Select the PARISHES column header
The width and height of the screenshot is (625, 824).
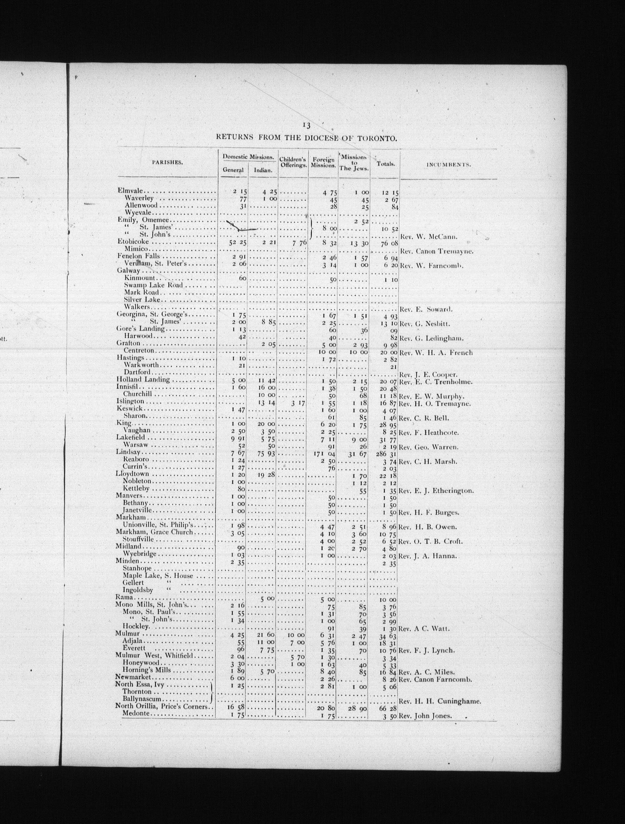[167, 162]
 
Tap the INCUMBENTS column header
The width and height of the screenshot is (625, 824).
[448, 164]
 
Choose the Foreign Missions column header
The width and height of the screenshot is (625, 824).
[323, 162]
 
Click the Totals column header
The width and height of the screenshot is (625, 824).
[385, 164]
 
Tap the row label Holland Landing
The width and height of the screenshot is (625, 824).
[143, 380]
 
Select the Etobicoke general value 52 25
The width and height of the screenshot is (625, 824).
[235, 242]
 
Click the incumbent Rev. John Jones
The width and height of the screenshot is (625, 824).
[425, 716]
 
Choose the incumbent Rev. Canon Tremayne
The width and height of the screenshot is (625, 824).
[436, 251]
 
